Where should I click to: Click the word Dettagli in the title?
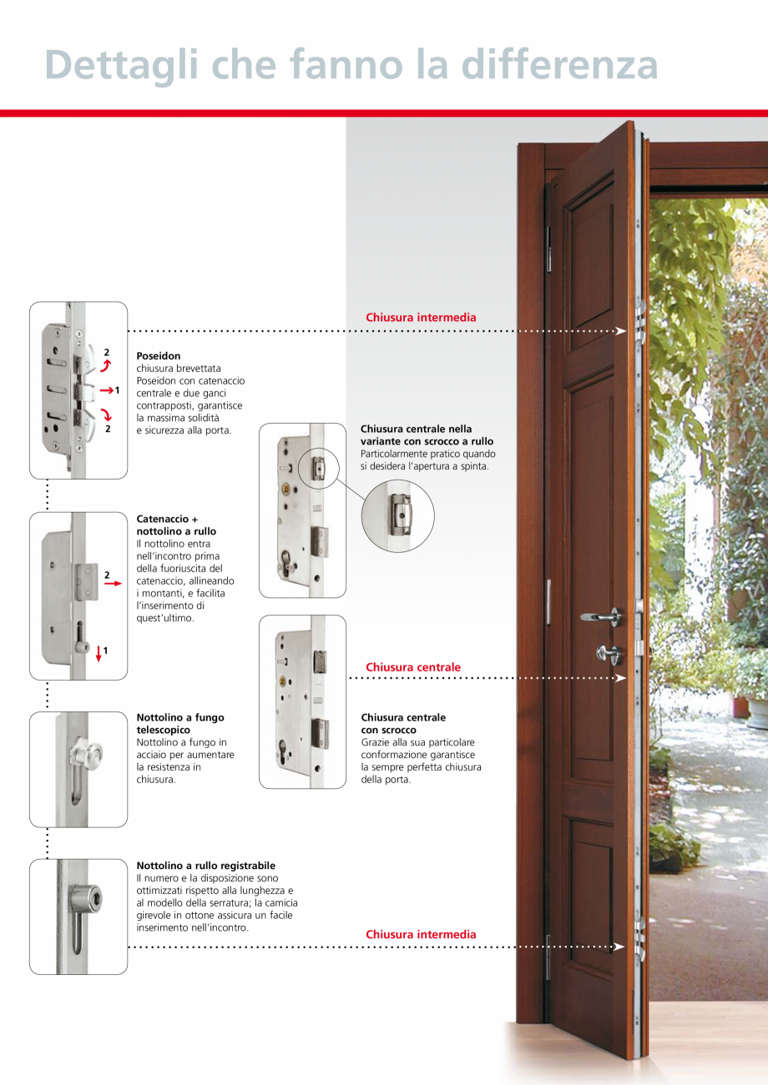point(121,65)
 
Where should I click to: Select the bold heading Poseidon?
point(158,355)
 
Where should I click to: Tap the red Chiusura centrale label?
point(413,667)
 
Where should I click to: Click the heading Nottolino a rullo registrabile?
point(206,865)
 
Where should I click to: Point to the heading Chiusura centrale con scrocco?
point(403,723)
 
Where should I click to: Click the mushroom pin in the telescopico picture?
point(87,754)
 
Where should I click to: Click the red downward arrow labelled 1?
point(99,654)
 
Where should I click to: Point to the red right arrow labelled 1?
point(107,390)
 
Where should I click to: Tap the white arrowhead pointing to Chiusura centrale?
point(620,678)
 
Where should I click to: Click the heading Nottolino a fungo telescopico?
point(180,723)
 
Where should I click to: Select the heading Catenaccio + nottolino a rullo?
point(176,525)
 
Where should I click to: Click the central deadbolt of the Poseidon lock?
point(88,390)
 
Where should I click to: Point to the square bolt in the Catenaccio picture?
point(88,581)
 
